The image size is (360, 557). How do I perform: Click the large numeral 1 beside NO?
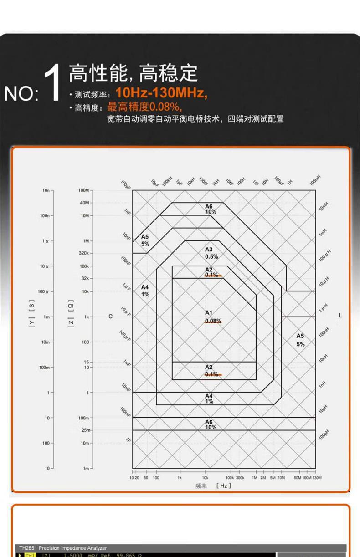[54, 83]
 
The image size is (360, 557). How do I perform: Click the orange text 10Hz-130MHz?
[161, 93]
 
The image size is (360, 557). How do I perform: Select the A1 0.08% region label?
[212, 317]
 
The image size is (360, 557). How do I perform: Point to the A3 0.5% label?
[211, 253]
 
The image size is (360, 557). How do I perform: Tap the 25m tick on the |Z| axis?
[86, 430]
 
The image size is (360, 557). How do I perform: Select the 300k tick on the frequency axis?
[240, 478]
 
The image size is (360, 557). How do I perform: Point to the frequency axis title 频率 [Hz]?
[213, 486]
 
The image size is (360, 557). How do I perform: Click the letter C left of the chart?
[110, 316]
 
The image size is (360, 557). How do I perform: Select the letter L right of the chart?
[340, 316]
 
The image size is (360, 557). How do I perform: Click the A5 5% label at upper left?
[145, 240]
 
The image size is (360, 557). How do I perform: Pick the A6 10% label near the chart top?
[211, 209]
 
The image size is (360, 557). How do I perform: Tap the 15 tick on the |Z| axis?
[86, 362]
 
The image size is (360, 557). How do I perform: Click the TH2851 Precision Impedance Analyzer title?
[62, 548]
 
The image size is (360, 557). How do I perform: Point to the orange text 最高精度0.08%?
[144, 107]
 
